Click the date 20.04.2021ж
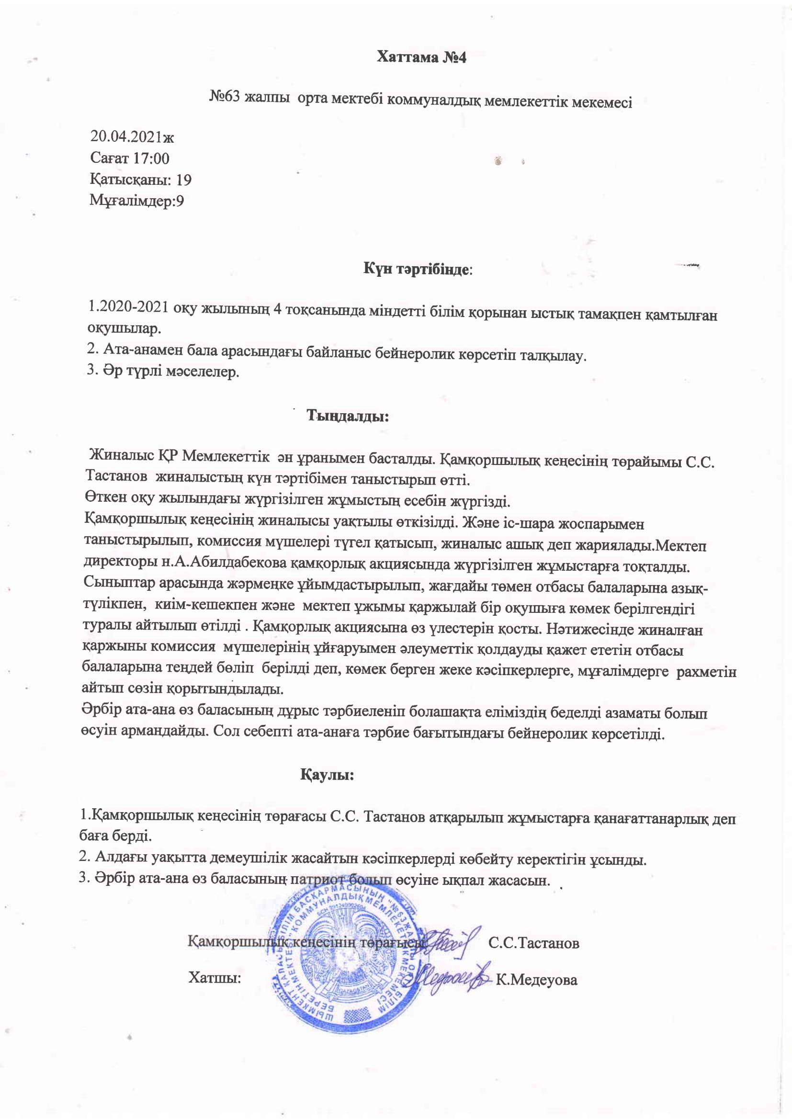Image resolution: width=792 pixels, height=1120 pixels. coord(132,136)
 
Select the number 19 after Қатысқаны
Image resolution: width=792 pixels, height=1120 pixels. coord(184,180)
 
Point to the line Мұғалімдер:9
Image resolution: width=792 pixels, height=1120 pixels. coord(136,201)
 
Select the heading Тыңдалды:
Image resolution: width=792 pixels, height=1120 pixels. coord(347,416)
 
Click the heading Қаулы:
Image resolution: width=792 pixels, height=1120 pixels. coord(327,775)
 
